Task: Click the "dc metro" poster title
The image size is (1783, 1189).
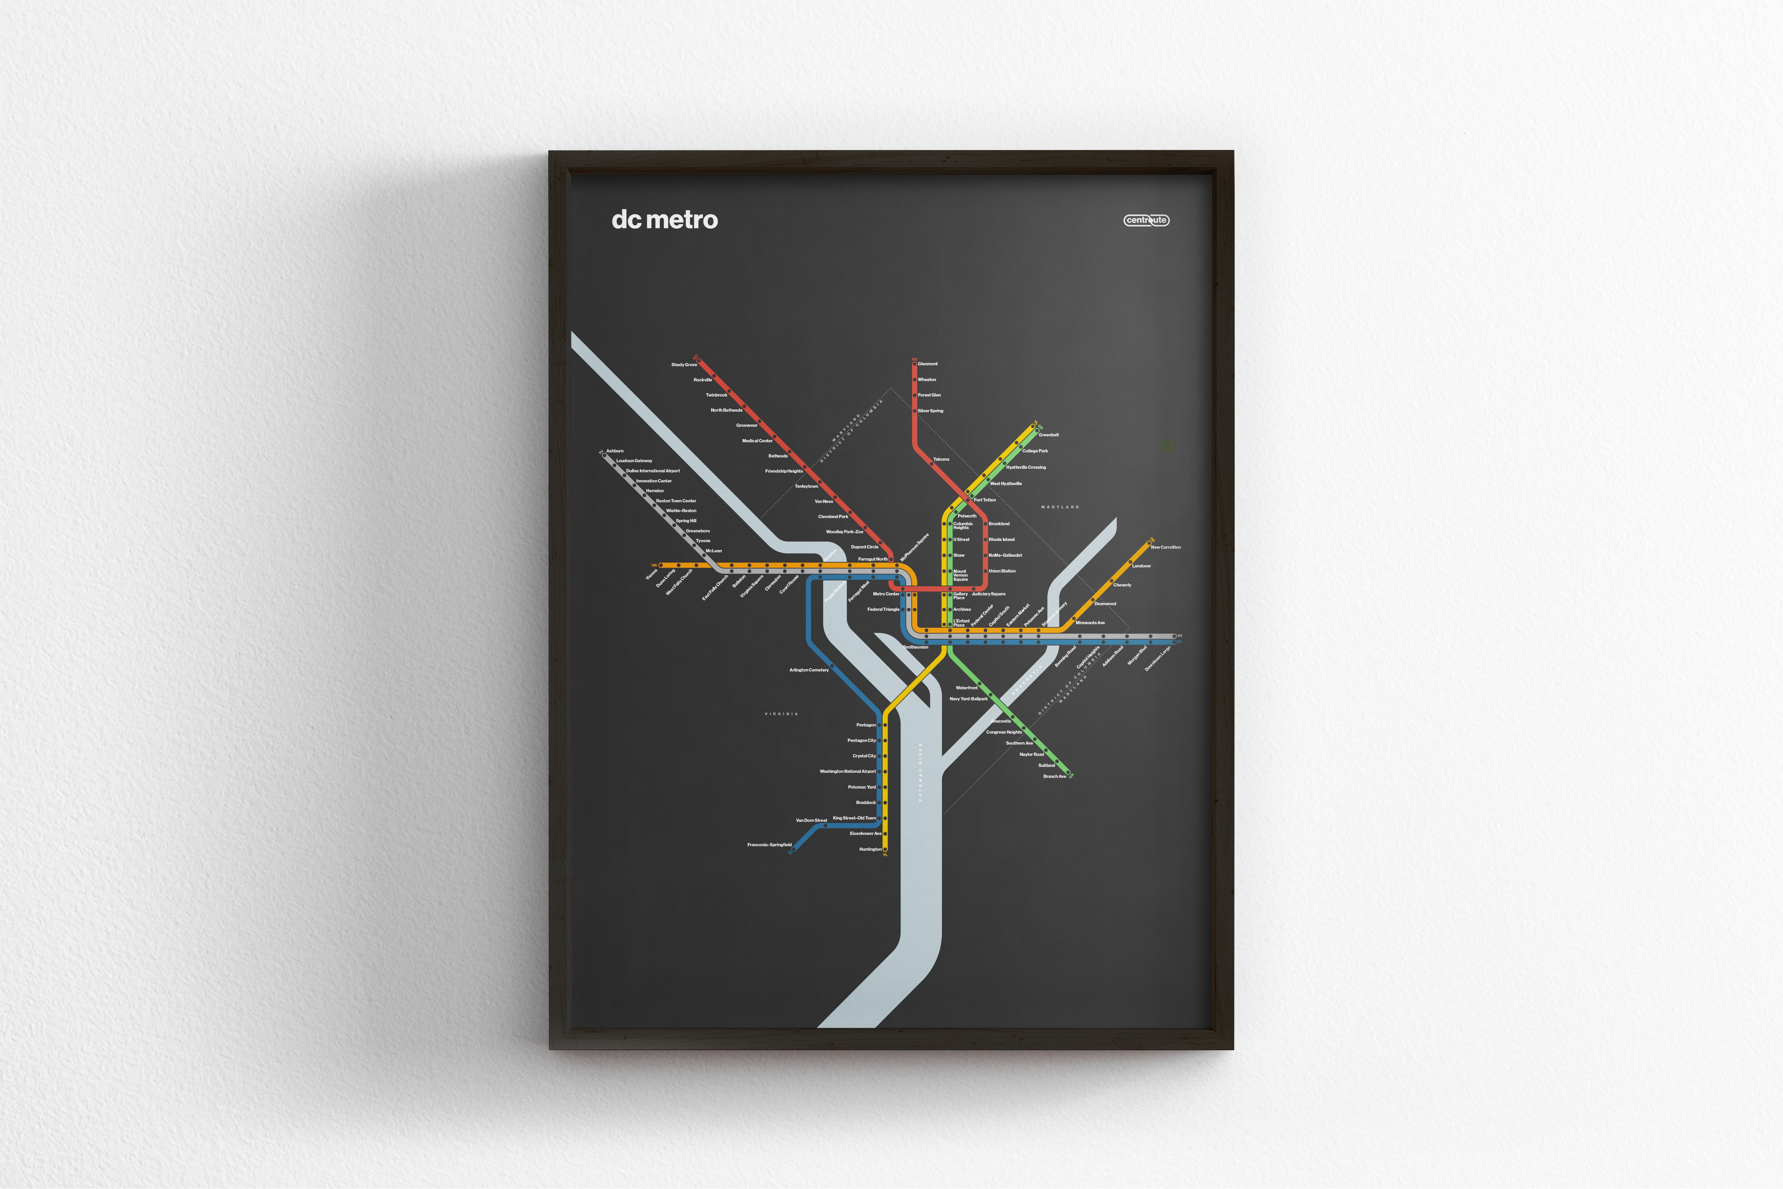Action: (664, 220)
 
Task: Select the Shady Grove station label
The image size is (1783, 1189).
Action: (684, 365)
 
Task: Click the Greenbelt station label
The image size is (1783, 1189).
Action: (1048, 435)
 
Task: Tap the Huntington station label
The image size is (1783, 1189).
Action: (870, 849)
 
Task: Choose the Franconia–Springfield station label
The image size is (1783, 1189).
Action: (770, 845)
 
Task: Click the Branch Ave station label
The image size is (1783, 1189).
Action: (1055, 777)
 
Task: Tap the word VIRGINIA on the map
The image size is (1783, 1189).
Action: (781, 713)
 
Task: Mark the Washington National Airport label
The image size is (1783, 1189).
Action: (848, 771)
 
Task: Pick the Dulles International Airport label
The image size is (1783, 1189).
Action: (653, 471)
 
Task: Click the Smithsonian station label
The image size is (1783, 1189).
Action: (916, 647)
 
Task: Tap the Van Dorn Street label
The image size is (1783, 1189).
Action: (811, 821)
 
